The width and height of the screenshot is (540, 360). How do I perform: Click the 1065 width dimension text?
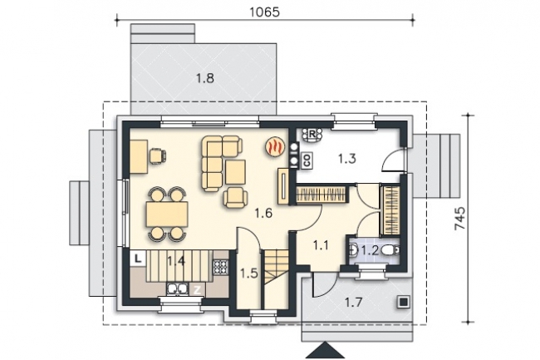tap(264, 12)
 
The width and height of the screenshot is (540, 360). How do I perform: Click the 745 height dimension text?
tap(460, 219)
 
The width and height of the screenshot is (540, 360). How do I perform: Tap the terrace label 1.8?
tap(205, 78)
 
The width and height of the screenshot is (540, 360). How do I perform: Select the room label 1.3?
tap(346, 159)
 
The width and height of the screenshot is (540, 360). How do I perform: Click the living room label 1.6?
tap(263, 214)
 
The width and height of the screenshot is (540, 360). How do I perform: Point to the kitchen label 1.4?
tap(176, 261)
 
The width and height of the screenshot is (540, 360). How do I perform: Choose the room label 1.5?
tap(249, 274)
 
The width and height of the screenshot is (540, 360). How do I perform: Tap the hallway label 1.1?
tap(321, 245)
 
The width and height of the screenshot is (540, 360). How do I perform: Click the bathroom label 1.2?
tap(370, 250)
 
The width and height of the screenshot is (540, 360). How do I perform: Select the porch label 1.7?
tap(354, 303)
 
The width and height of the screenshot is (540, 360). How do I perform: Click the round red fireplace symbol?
tap(275, 147)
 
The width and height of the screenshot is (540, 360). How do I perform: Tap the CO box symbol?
tap(307, 160)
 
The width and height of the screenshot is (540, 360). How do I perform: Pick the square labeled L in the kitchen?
tap(138, 259)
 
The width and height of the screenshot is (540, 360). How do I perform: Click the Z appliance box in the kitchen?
tap(197, 290)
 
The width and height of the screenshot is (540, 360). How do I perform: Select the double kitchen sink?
tap(177, 289)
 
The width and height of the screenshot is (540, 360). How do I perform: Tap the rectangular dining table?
tap(167, 214)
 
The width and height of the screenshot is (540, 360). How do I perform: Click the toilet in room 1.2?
tap(390, 250)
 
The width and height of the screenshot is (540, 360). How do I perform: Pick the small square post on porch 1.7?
tap(404, 302)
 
